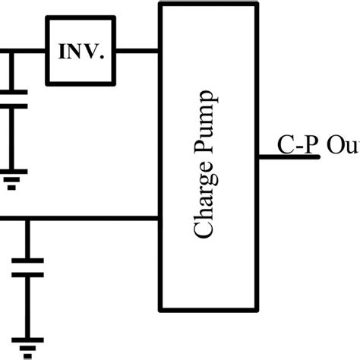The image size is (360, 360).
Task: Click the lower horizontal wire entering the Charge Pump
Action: [x=91, y=219]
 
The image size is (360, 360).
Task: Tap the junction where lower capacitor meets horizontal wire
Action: [x=27, y=219]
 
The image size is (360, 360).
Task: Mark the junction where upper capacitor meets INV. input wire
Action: [x=11, y=52]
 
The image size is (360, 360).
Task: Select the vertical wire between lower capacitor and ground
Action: [x=27, y=308]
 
